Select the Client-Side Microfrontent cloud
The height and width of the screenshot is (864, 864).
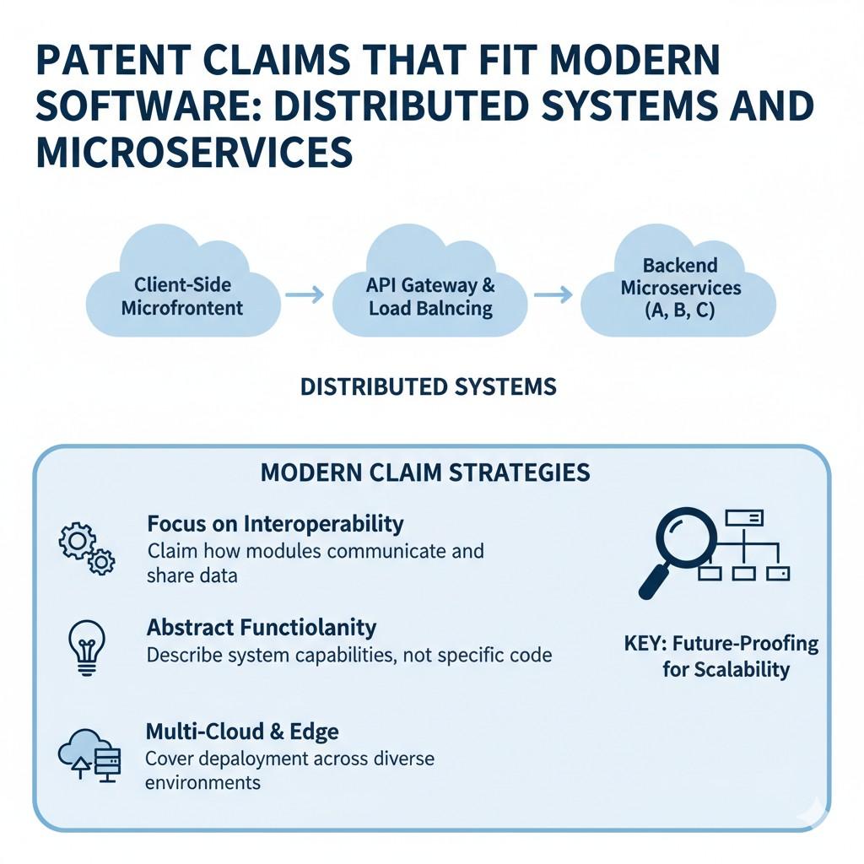[182, 287]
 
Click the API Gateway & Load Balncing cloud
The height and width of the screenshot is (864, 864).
[430, 287]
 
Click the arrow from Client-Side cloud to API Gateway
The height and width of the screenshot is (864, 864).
[305, 294]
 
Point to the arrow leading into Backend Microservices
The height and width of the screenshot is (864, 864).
[553, 294]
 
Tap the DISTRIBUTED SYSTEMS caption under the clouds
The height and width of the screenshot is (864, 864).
[429, 387]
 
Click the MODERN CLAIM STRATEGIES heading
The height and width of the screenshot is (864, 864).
[425, 472]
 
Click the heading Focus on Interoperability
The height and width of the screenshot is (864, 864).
[275, 524]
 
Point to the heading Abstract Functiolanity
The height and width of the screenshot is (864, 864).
[262, 628]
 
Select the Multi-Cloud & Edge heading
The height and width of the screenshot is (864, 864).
[243, 731]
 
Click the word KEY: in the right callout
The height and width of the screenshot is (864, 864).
[645, 644]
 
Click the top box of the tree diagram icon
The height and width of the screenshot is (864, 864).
[744, 518]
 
